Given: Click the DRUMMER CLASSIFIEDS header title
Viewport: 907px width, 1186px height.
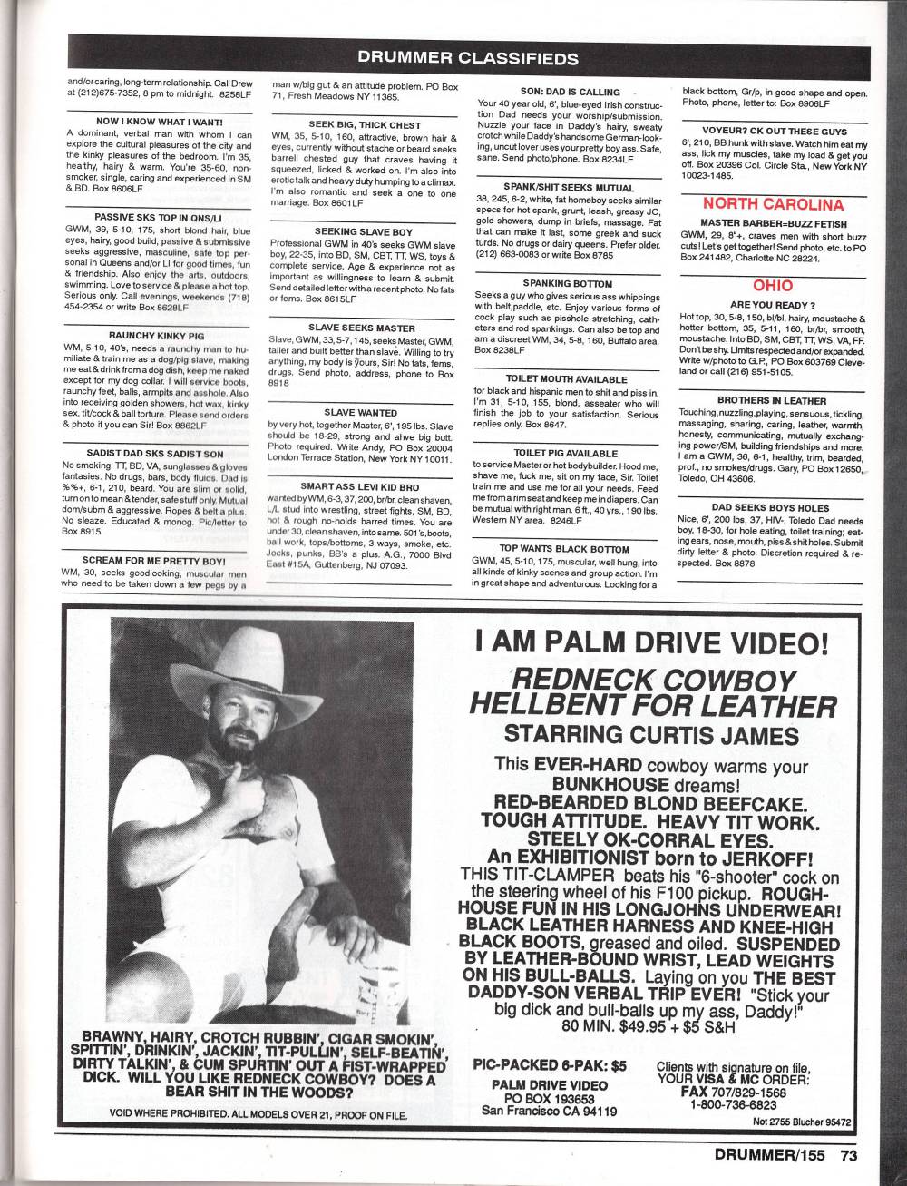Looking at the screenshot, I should [x=468, y=59].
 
